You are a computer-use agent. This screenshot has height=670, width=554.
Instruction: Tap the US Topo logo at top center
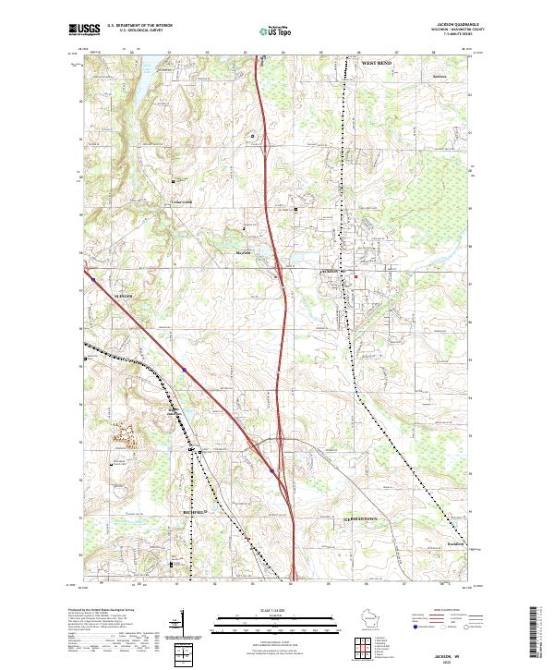click(277, 30)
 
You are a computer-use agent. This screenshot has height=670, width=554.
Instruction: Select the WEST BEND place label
click(377, 62)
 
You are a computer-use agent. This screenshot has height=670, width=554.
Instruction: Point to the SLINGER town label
click(124, 296)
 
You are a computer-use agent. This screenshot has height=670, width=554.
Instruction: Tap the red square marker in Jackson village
click(356, 275)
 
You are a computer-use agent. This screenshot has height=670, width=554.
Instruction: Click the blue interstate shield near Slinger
click(185, 372)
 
